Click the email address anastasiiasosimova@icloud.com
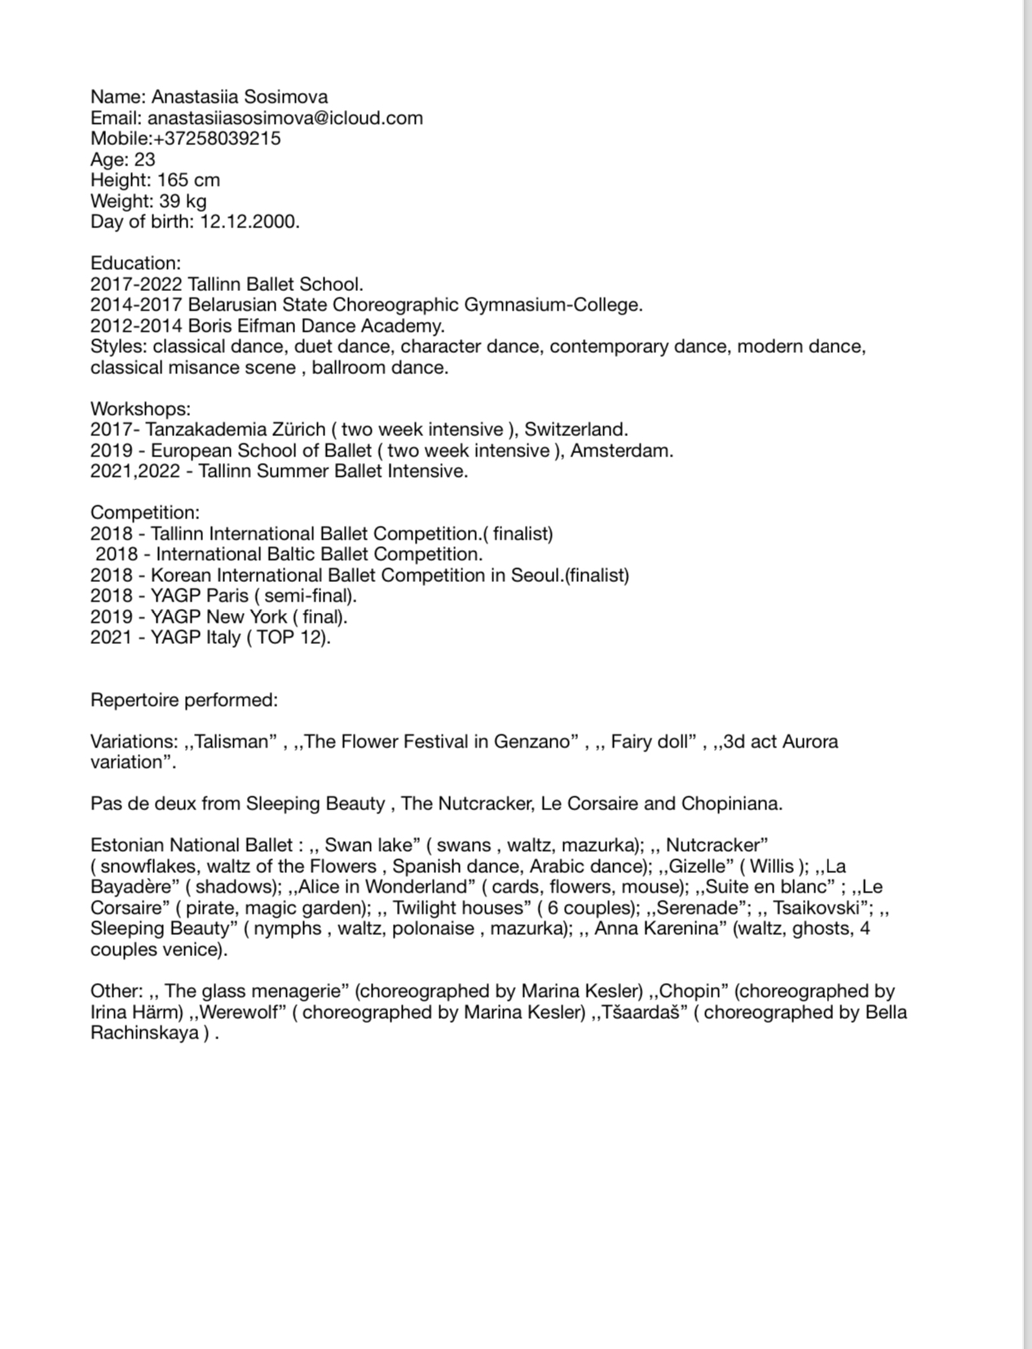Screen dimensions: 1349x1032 click(284, 117)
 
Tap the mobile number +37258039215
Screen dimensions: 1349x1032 click(217, 139)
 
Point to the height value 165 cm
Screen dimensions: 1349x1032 click(188, 180)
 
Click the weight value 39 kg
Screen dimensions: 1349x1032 click(183, 201)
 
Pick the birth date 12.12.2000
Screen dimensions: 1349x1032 click(249, 222)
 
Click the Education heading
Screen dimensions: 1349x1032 click(135, 263)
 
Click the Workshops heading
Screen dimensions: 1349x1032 click(140, 408)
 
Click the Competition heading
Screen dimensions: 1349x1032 click(144, 513)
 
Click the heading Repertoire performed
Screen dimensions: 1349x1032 click(184, 700)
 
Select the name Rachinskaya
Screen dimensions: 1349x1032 click(144, 1034)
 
